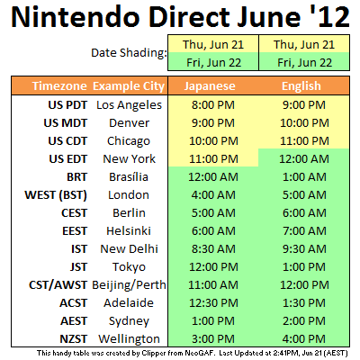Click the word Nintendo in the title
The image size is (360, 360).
(76, 16)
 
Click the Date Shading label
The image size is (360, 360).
(129, 53)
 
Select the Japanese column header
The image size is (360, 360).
(210, 86)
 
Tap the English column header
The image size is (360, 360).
(301, 86)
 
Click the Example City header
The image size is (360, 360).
(129, 86)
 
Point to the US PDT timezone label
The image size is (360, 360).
(67, 105)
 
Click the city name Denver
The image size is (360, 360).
(129, 123)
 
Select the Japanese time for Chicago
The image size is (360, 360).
(213, 141)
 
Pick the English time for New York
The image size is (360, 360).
(304, 159)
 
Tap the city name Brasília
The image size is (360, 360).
(129, 177)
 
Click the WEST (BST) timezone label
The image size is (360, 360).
(56, 195)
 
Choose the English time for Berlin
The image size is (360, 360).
(304, 213)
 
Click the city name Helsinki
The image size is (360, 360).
(129, 231)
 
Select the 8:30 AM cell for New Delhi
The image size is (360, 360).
(213, 249)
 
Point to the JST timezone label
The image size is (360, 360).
(79, 267)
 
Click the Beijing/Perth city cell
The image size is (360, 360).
(129, 285)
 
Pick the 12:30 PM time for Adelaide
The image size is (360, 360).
(213, 303)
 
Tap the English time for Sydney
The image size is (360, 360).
(304, 321)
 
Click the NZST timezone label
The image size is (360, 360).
(74, 339)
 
